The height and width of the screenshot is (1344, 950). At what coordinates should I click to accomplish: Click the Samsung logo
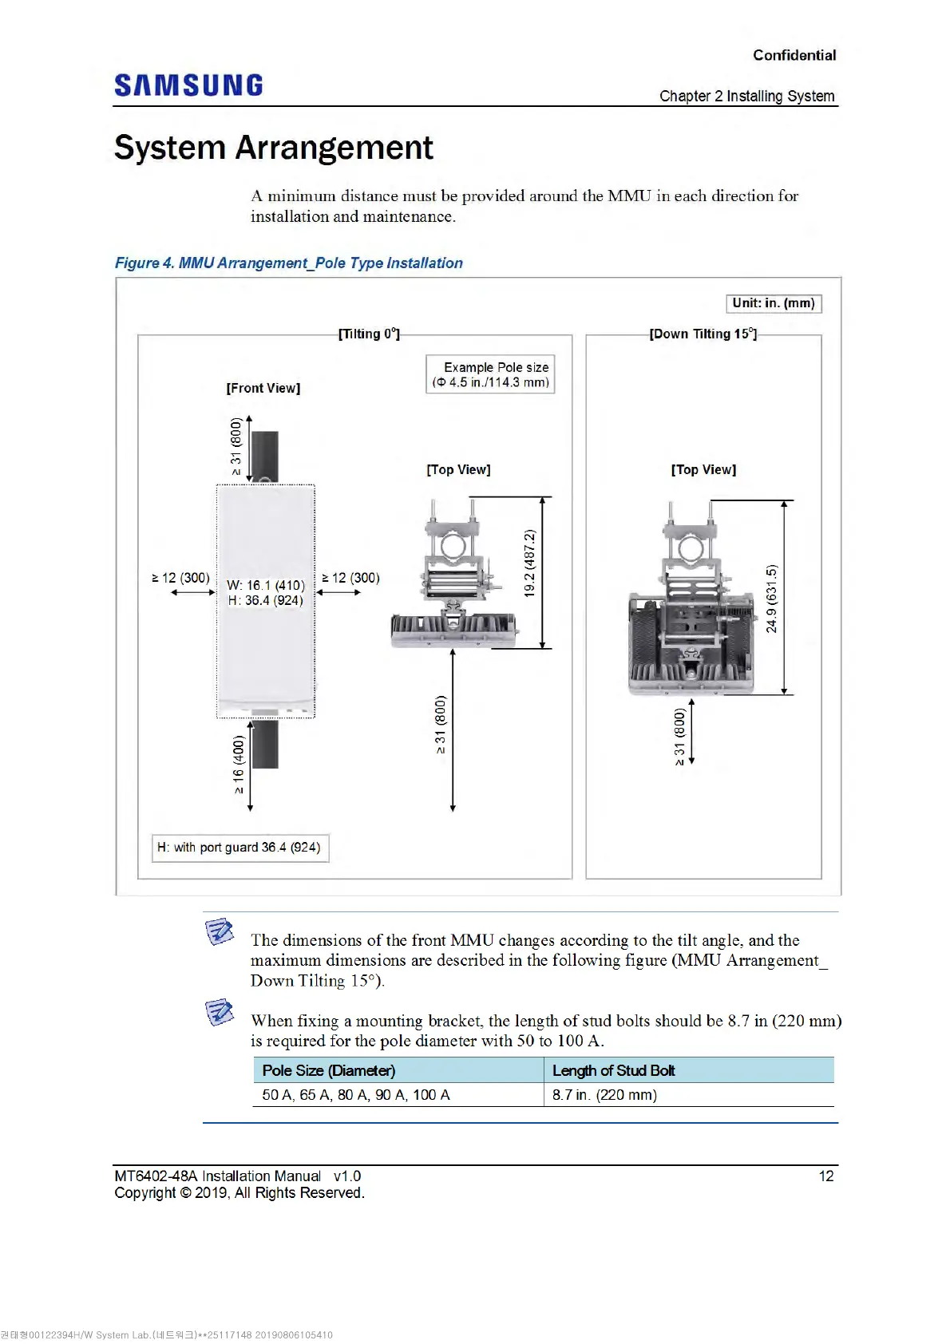(x=188, y=85)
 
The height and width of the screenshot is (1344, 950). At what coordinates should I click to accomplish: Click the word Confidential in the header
(x=794, y=55)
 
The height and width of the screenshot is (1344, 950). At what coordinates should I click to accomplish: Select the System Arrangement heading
(x=273, y=148)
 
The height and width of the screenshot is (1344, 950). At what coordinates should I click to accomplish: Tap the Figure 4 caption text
(x=288, y=263)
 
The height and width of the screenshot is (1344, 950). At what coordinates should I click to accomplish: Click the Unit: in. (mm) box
(x=773, y=303)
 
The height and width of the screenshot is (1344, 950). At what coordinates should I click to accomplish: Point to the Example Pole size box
(x=490, y=374)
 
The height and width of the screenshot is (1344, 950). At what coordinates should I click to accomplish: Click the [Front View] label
(x=263, y=388)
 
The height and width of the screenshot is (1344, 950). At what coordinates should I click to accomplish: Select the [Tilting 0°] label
(x=369, y=334)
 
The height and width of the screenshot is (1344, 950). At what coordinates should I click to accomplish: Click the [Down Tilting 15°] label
(x=703, y=334)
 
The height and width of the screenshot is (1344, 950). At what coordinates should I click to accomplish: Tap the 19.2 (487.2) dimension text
(x=529, y=563)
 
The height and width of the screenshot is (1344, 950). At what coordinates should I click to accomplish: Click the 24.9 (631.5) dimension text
(x=771, y=599)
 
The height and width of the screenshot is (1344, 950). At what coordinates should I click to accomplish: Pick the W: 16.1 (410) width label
(x=265, y=585)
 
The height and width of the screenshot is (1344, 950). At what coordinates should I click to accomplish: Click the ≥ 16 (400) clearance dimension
(x=238, y=765)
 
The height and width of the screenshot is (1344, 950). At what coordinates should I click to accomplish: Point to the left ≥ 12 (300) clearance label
(x=181, y=578)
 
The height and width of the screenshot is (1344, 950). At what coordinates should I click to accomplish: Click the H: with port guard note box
(x=239, y=848)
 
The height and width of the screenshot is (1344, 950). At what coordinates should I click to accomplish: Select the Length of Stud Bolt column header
(x=613, y=1070)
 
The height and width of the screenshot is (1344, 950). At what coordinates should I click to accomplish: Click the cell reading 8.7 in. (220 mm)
(x=604, y=1095)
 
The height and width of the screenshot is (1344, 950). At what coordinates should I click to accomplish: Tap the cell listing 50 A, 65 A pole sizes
(x=356, y=1095)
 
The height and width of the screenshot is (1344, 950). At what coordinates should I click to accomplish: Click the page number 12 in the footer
(x=825, y=1176)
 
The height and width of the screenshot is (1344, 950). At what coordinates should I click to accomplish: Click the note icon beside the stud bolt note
(x=219, y=1012)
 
